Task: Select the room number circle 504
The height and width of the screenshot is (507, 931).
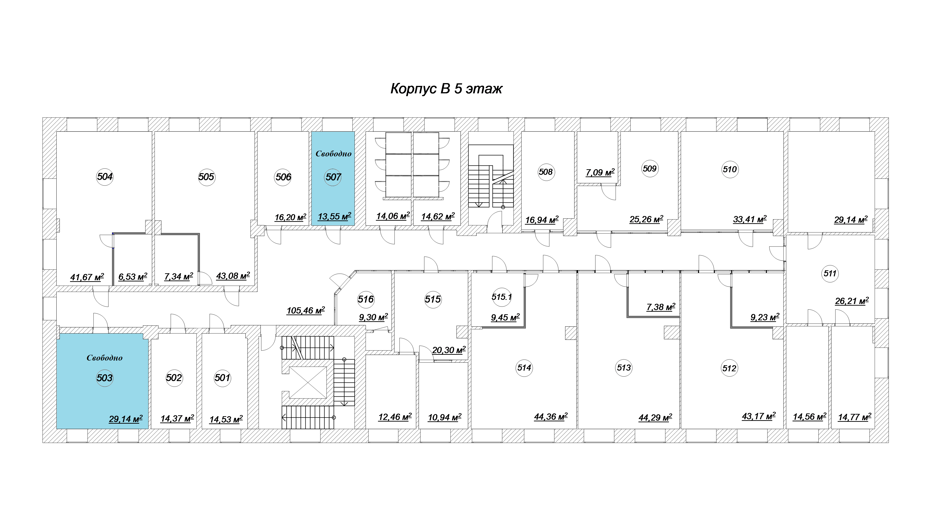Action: coord(105,177)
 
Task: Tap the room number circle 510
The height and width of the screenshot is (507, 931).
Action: coord(730,169)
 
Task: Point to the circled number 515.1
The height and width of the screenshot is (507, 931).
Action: coord(502,297)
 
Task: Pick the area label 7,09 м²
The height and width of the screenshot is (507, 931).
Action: coord(600,172)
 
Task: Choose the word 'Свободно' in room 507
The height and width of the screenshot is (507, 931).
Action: coord(333,154)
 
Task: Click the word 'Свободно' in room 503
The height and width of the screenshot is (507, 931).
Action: coord(105,358)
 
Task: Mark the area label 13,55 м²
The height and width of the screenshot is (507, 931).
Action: coord(334,216)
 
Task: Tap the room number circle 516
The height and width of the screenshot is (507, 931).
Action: coord(366,299)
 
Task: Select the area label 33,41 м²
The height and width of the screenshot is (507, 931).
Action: coord(749,219)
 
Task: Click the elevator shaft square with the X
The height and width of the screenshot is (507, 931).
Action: coord(308,382)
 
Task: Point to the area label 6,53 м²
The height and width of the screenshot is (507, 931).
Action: coord(133,277)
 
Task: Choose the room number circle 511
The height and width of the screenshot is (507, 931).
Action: coord(830,274)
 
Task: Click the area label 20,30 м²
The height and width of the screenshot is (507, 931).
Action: coord(449,350)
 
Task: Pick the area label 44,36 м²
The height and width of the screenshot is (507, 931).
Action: coord(551,417)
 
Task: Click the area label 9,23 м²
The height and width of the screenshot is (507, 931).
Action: coord(765,317)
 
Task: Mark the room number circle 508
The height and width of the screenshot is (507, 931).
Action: coord(546,172)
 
